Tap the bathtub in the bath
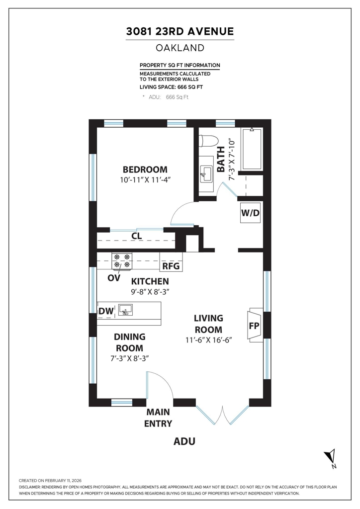(x=252, y=149)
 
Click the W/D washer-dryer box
(x=250, y=213)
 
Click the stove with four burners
(x=122, y=261)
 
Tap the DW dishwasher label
(x=106, y=311)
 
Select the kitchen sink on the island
(x=125, y=310)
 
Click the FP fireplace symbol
(x=254, y=325)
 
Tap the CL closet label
(x=137, y=236)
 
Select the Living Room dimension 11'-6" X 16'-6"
(x=208, y=340)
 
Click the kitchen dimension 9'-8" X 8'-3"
(x=150, y=291)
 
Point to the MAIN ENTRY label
(x=158, y=418)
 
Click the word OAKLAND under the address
(x=180, y=48)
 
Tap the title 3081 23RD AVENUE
(x=180, y=31)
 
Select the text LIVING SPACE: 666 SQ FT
(x=171, y=87)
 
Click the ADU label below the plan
(x=184, y=441)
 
